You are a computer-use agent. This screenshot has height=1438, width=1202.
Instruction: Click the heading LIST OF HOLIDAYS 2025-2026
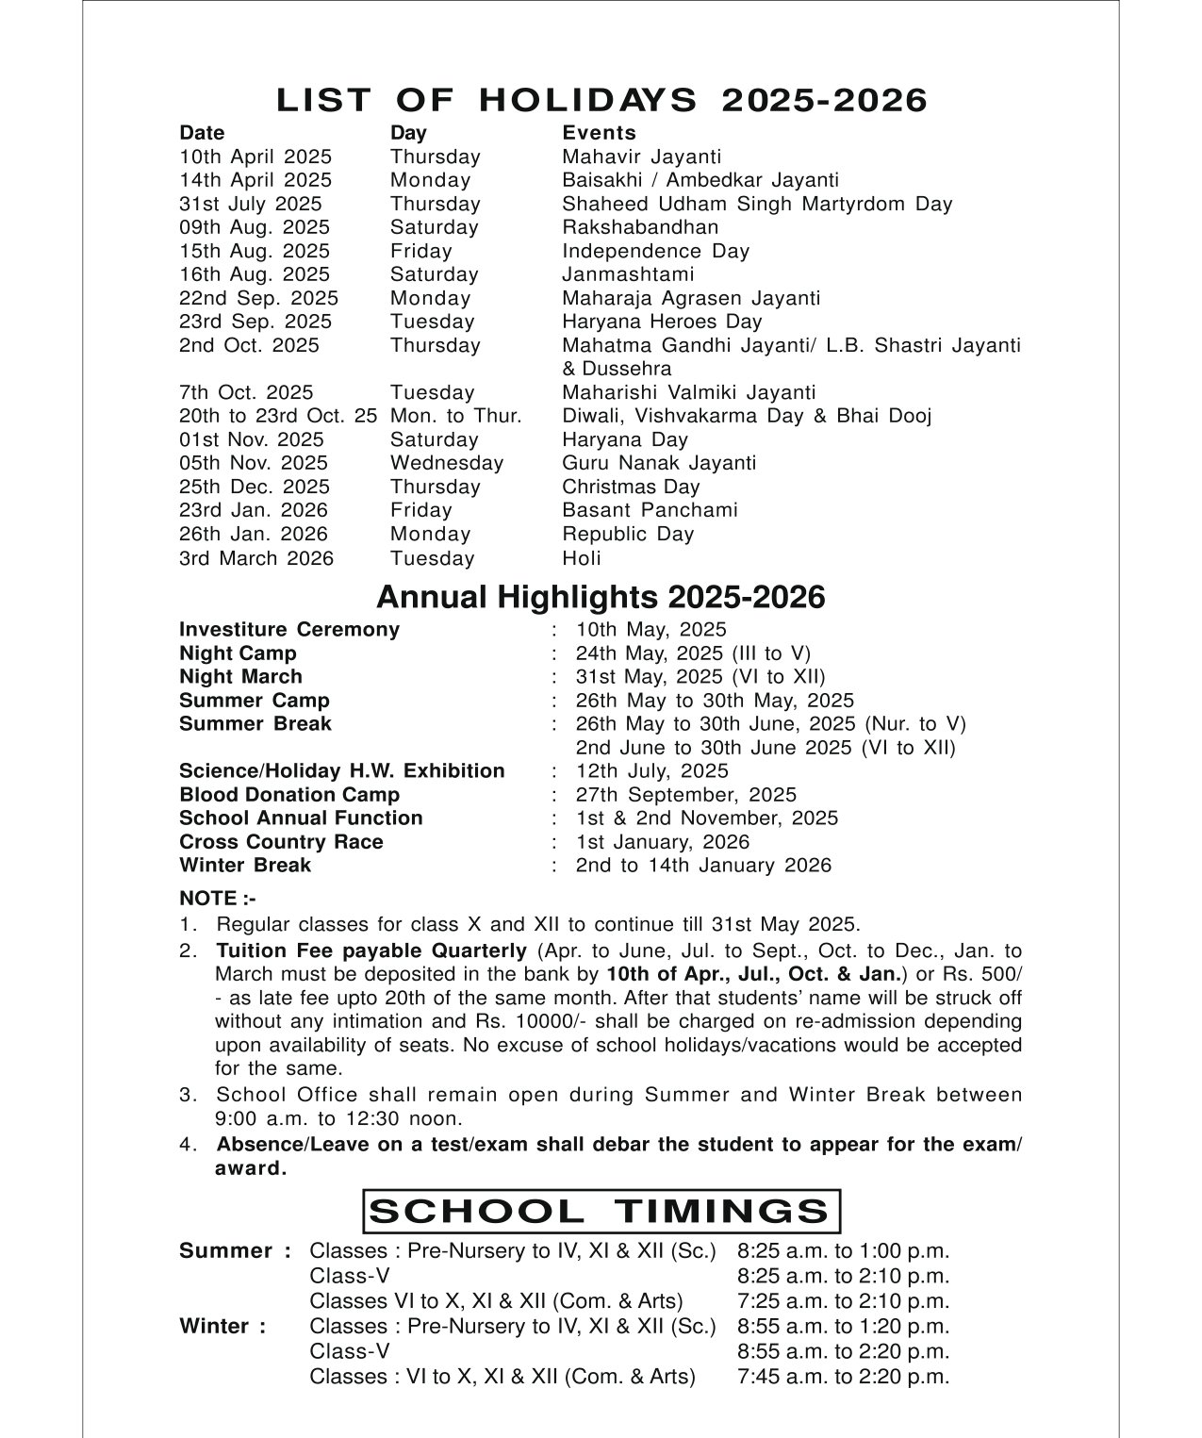point(601,100)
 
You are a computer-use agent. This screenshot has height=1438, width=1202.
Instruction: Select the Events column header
point(599,133)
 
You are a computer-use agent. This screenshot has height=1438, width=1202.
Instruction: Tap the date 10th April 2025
point(255,157)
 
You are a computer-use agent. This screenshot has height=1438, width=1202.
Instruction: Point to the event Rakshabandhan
point(640,227)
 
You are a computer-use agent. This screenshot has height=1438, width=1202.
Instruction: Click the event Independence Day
point(655,251)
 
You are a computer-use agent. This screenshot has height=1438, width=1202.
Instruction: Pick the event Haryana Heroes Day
point(662,322)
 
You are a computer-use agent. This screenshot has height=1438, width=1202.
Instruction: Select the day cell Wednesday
point(447,463)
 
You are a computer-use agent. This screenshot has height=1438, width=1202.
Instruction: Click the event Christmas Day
point(631,487)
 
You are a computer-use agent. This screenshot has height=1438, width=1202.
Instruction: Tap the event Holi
point(581,557)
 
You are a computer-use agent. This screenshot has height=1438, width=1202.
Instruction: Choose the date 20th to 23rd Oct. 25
point(278,416)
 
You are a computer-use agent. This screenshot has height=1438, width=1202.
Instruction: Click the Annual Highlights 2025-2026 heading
point(601,597)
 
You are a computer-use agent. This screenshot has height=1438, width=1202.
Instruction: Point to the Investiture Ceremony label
point(289,629)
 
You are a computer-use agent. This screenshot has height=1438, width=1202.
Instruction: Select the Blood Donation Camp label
point(289,795)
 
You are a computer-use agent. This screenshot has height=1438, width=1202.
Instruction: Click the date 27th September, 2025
point(685,795)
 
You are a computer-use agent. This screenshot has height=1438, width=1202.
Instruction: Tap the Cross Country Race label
point(281,842)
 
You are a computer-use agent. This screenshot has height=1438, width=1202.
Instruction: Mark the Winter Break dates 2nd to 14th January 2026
point(703,866)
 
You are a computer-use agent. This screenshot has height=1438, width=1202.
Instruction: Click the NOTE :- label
point(217,899)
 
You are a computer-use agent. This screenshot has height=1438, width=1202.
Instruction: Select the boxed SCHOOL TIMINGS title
point(601,1212)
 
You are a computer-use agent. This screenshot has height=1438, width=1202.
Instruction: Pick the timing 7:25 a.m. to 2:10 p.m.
point(843,1301)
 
